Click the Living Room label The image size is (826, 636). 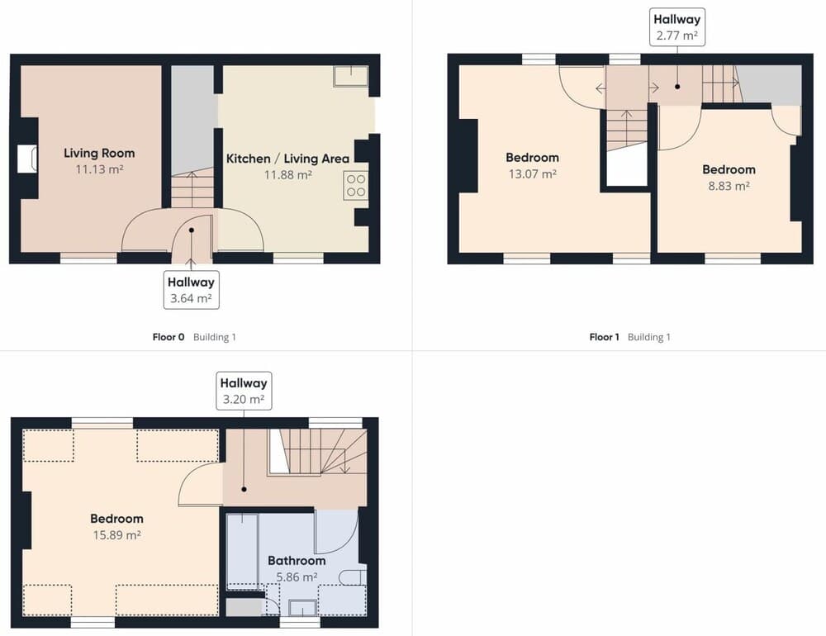pos(99,153)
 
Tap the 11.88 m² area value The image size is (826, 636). pos(287,174)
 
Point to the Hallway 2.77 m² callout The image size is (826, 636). pos(676,26)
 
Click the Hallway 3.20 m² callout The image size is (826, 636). pos(244,391)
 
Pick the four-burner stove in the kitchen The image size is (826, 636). pos(356,184)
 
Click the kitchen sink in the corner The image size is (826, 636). pos(351,76)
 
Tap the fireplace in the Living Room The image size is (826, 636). pos(27,159)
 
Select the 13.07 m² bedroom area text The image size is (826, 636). pos(532,173)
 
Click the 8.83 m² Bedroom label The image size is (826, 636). pos(729,169)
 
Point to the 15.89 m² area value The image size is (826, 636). pos(116,534)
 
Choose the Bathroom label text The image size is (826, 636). pos(297,560)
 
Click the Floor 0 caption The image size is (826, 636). pos(169,337)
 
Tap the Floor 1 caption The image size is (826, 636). pos(604,337)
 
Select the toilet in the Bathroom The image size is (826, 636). pos(354,577)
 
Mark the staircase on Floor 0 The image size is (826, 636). pos(192,189)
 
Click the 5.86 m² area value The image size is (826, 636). pos(297,577)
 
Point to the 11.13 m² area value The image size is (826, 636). pos(99,168)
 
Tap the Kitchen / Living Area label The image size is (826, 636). pos(287,158)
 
